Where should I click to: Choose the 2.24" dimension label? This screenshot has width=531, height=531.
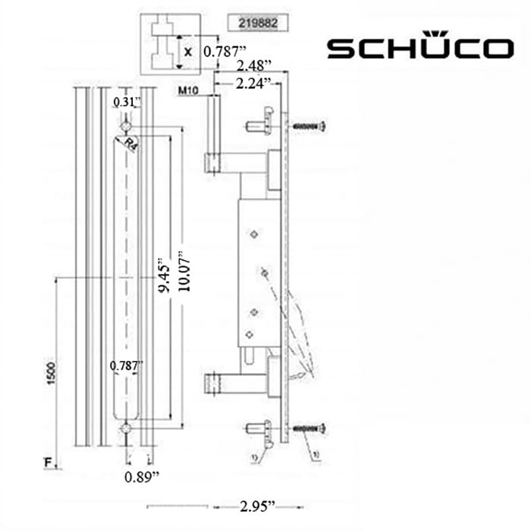click(253, 85)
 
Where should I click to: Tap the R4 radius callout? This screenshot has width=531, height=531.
click(130, 144)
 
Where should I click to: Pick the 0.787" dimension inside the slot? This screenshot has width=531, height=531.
click(125, 366)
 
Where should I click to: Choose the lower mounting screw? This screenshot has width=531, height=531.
click(309, 429)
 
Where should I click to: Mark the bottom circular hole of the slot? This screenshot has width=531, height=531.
click(126, 429)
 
